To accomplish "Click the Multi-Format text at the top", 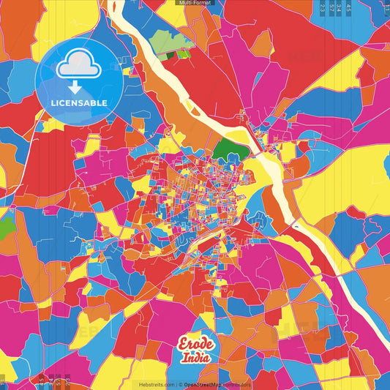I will pos(194,3).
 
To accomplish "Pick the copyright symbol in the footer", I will pos(180,384).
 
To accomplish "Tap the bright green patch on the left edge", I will pos(6,228).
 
